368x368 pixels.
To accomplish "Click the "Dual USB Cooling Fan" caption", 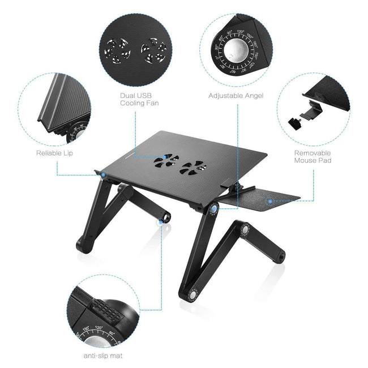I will pyautogui.click(x=139, y=99).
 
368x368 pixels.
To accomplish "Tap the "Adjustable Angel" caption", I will pyautogui.click(x=236, y=96).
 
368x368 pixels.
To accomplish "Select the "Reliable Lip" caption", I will pyautogui.click(x=54, y=152).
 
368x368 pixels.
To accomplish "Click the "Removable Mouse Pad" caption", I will pyautogui.click(x=312, y=156).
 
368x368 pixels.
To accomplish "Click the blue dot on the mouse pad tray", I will pyautogui.click(x=270, y=200).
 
